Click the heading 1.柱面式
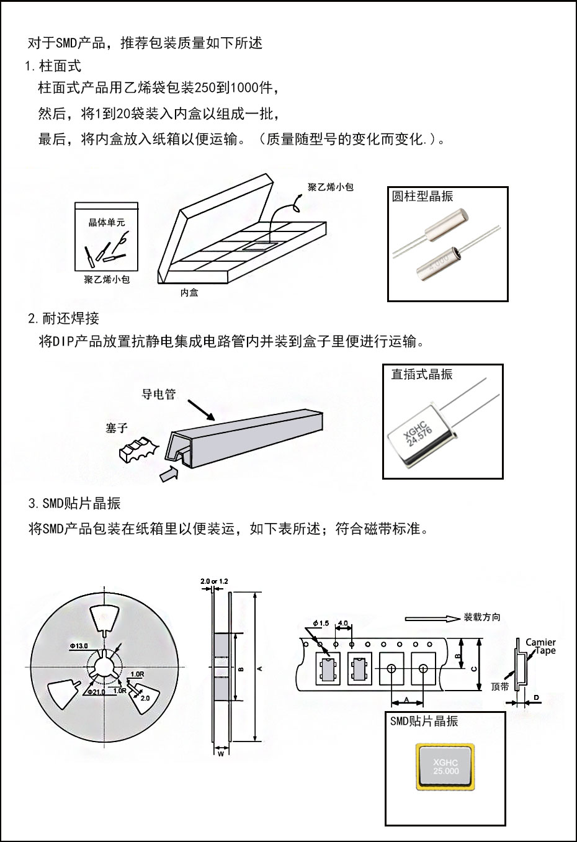[x=53, y=66]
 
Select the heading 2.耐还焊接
[x=63, y=319]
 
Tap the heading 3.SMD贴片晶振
[x=74, y=503]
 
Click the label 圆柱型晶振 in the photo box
[x=423, y=197]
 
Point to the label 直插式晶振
[x=422, y=374]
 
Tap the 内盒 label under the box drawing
[x=189, y=293]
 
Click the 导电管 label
[x=159, y=394]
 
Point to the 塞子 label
[x=117, y=428]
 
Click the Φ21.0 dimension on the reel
[x=98, y=691]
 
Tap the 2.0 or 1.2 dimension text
[x=215, y=581]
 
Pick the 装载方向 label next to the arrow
[x=482, y=617]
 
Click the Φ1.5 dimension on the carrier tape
[x=321, y=623]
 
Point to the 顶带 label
[x=499, y=687]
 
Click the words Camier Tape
[x=540, y=647]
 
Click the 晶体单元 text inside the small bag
[x=107, y=222]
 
